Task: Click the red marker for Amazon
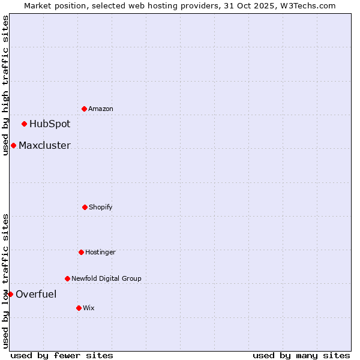(84, 109)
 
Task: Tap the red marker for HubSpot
(24, 124)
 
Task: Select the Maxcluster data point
(13, 145)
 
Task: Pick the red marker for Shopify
(85, 207)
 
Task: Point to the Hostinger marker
(81, 252)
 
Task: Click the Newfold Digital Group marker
(67, 278)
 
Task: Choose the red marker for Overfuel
(10, 294)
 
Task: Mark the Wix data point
(79, 308)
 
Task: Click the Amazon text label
(101, 109)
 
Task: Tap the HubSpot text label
(50, 124)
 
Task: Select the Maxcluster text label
(44, 145)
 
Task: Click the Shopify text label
(101, 207)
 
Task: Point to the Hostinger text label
(100, 252)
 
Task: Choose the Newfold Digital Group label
(106, 278)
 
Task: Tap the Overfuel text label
(36, 294)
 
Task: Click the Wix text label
(89, 308)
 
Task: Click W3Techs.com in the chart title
(307, 5)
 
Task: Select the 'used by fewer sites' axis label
(62, 355)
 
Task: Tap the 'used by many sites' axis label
(301, 355)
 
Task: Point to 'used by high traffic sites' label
(5, 85)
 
